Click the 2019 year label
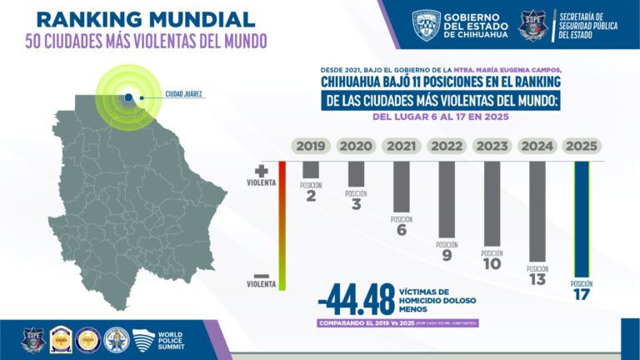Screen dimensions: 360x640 (311, 146)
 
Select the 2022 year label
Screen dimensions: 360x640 (447, 146)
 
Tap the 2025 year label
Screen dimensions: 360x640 (582, 146)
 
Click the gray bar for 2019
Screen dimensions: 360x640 (311, 169)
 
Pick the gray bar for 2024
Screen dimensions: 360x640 (537, 212)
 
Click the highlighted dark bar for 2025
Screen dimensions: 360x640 (582, 218)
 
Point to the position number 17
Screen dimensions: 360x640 (582, 295)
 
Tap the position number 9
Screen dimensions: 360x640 (447, 255)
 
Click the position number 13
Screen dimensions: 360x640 (537, 279)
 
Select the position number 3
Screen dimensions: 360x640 (357, 204)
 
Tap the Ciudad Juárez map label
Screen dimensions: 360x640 (184, 94)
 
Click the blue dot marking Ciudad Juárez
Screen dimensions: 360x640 (129, 97)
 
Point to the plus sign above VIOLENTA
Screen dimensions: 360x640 (260, 169)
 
